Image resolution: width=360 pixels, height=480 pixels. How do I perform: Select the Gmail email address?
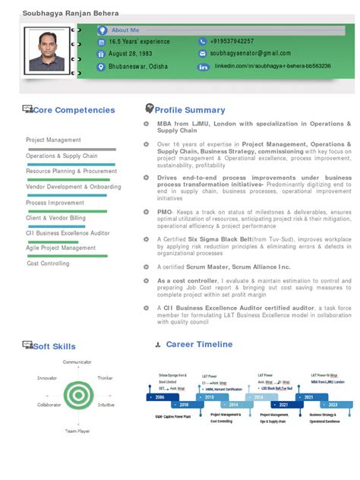point(250,53)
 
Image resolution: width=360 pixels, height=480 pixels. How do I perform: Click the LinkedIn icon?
point(203,67)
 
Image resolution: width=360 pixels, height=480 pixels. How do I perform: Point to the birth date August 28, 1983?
point(130,53)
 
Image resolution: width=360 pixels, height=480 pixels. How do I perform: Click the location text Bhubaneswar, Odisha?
point(138,67)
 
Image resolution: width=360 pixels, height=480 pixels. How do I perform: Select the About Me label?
point(125,30)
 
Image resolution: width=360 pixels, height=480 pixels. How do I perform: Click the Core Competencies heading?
point(74,110)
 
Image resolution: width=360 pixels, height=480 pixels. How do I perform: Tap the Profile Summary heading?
point(190,110)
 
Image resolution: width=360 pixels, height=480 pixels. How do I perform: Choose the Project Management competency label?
point(53,140)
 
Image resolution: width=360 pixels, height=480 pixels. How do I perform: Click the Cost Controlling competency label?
point(48,264)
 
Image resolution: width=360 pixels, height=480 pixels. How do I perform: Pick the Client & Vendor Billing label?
point(55,218)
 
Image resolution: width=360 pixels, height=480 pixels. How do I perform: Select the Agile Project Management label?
point(61,248)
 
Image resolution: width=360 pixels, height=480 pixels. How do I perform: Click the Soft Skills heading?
point(54,346)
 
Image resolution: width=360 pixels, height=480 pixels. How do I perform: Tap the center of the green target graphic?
point(77,393)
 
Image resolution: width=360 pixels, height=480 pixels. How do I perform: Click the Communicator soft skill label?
point(77,362)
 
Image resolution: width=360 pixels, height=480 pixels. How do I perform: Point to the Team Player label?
point(77,431)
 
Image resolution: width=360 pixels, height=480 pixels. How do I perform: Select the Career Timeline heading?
point(199,344)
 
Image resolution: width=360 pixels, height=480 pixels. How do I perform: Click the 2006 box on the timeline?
point(159,397)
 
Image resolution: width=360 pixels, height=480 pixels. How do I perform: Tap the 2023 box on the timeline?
point(333,406)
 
